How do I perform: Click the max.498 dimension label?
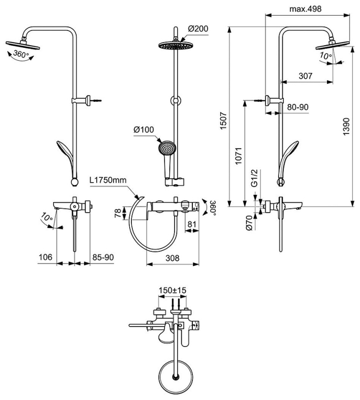305,9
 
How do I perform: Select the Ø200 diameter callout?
198,28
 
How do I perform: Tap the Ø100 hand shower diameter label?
144,130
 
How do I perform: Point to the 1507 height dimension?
223,121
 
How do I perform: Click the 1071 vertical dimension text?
238,155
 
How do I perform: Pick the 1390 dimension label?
346,127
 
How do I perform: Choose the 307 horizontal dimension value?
305,76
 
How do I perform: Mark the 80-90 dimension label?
297,107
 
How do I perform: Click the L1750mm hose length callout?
108,180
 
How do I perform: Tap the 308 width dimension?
172,258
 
